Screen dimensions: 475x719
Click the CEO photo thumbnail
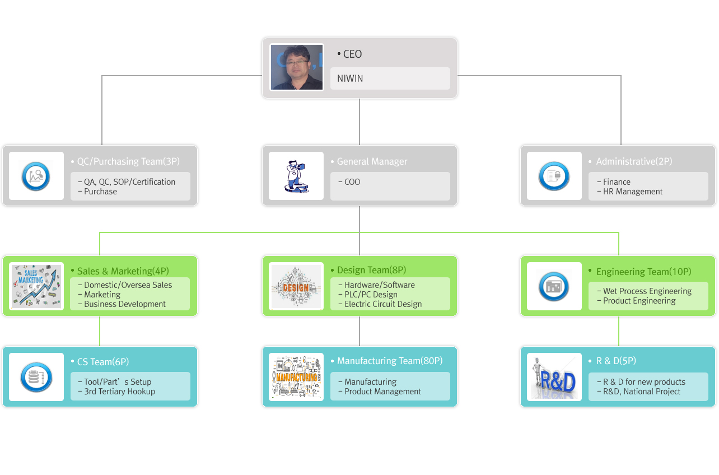pyautogui.click(x=297, y=67)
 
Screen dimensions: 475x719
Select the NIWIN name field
pyautogui.click(x=390, y=78)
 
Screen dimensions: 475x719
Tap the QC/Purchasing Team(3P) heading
pyautogui.click(x=128, y=161)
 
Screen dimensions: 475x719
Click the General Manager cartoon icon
pyautogui.click(x=296, y=176)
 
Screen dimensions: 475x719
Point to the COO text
pyautogui.click(x=352, y=182)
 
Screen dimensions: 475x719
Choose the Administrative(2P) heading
pyautogui.click(x=634, y=161)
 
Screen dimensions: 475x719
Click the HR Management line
pyautogui.click(x=633, y=192)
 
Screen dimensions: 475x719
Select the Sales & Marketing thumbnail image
pyautogui.click(x=36, y=286)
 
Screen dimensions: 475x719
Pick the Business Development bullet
pyautogui.click(x=125, y=304)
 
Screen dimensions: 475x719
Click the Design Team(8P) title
pyautogui.click(x=371, y=270)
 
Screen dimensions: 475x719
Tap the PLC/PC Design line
pyautogui.click(x=371, y=295)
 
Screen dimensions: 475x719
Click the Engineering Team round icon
pyautogui.click(x=554, y=286)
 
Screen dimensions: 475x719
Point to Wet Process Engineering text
pyautogui.click(x=647, y=291)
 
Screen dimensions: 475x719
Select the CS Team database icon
pyautogui.click(x=36, y=377)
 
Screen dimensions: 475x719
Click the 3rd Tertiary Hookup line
pyautogui.click(x=119, y=392)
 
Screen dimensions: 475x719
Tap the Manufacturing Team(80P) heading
pyautogui.click(x=390, y=361)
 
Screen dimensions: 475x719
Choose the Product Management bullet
pyautogui.click(x=382, y=392)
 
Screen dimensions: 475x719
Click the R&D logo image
pyautogui.click(x=554, y=377)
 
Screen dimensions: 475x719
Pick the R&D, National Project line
pyautogui.click(x=642, y=392)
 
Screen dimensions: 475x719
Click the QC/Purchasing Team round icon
pyautogui.click(x=36, y=176)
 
